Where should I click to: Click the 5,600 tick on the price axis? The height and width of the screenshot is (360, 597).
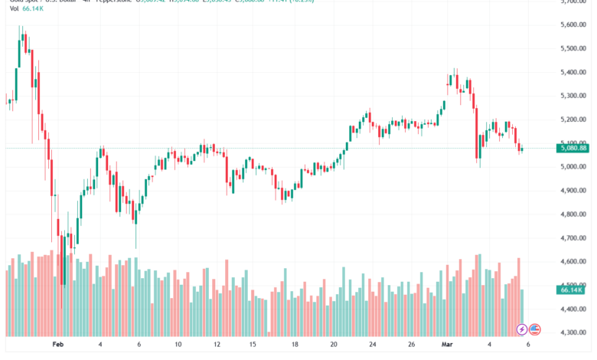pyautogui.click(x=573, y=25)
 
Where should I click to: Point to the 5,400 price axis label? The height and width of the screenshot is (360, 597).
pyautogui.click(x=573, y=72)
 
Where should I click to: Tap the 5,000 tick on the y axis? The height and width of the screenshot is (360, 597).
pyautogui.click(x=573, y=168)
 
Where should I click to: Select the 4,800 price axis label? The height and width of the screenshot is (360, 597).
pyautogui.click(x=573, y=215)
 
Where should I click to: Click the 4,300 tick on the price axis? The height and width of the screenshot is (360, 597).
pyautogui.click(x=573, y=333)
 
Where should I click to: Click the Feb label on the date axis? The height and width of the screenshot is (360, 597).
pyautogui.click(x=58, y=345)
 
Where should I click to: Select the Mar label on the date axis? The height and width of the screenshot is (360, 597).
pyautogui.click(x=449, y=345)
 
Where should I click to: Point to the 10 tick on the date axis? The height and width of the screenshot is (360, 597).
pyautogui.click(x=178, y=345)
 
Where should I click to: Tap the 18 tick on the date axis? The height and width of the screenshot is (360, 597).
pyautogui.click(x=293, y=345)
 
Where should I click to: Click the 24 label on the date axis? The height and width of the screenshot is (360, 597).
pyautogui.click(x=372, y=345)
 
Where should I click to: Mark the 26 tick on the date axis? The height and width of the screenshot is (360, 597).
pyautogui.click(x=410, y=345)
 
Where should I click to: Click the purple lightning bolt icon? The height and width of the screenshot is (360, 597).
pyautogui.click(x=521, y=329)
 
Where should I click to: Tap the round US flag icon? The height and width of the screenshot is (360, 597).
pyautogui.click(x=535, y=329)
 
